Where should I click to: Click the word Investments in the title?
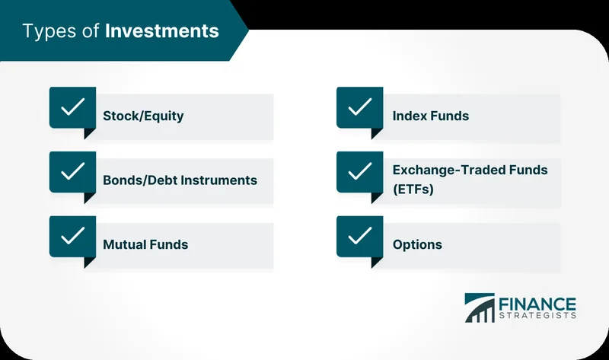[162, 31]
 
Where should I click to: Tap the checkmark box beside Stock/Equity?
[72, 108]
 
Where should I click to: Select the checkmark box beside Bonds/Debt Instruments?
[72, 172]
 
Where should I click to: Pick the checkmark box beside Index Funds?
[359, 108]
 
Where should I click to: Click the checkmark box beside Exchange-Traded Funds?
[359, 172]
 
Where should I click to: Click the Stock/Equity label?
[143, 116]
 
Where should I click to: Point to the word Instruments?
[215, 180]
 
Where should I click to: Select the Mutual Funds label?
[145, 244]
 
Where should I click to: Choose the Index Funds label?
[430, 116]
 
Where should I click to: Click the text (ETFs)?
[413, 190]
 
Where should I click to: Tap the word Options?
[417, 244]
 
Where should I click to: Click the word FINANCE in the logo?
[537, 302]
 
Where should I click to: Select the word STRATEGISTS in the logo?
[537, 315]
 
